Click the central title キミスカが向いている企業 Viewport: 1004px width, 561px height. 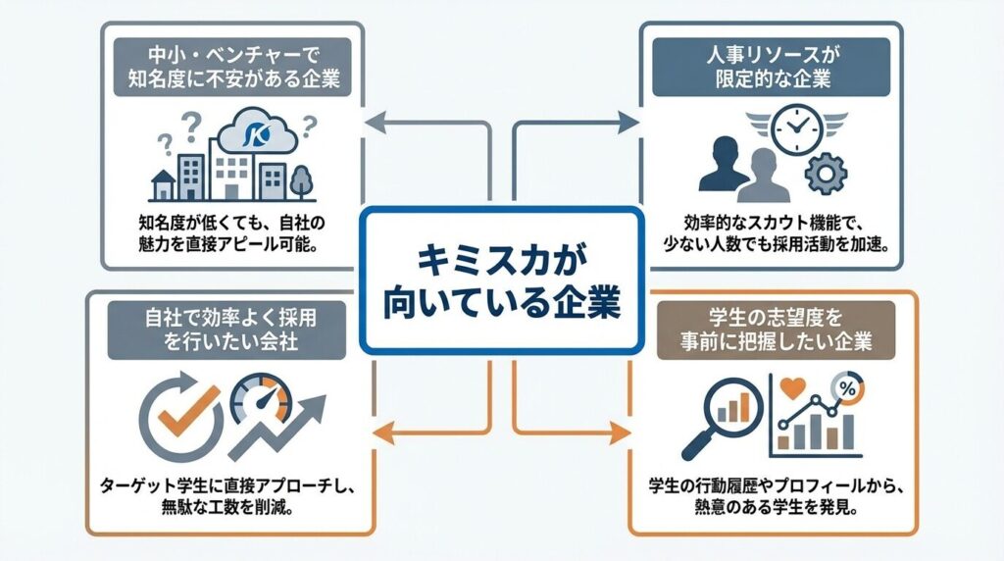tap(501, 280)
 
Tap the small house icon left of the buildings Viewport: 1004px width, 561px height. tap(160, 184)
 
